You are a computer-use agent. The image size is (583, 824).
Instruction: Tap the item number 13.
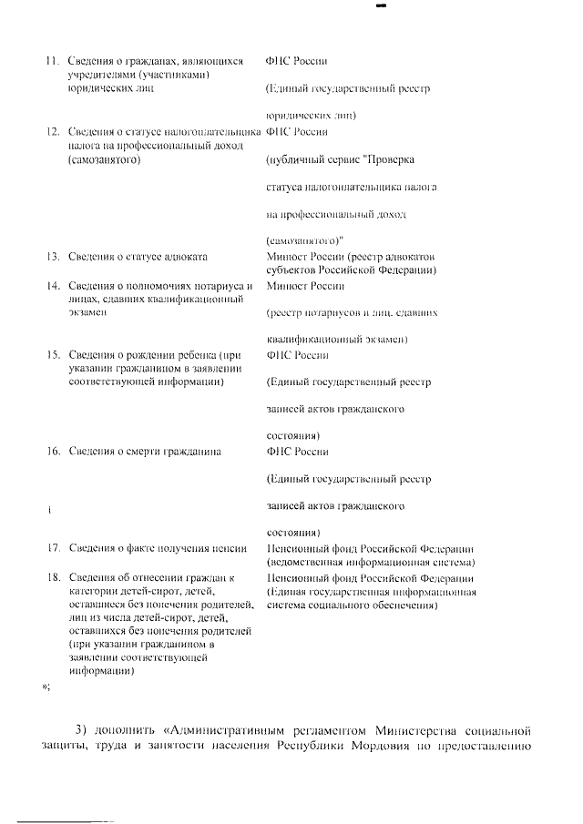point(52,257)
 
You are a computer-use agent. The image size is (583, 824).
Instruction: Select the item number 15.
point(52,354)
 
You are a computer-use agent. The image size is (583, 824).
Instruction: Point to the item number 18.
point(52,577)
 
